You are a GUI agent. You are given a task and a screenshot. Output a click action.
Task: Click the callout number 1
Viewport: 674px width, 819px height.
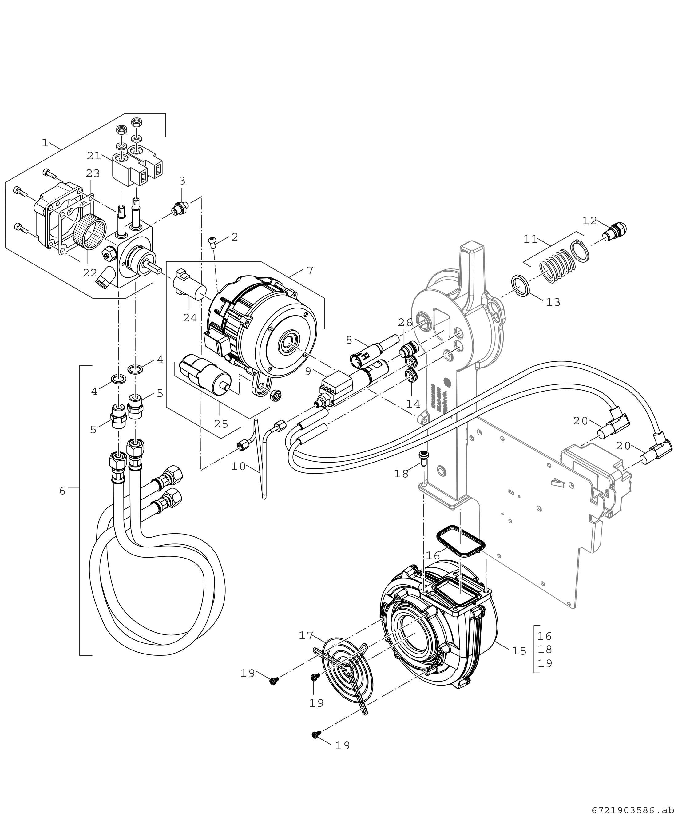(x=45, y=143)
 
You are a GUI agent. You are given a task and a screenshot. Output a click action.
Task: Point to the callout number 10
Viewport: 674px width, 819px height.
(x=238, y=466)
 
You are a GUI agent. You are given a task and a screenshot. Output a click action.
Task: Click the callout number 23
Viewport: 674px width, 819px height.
(x=93, y=173)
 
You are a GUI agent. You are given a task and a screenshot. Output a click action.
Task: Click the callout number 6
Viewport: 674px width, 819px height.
(x=62, y=491)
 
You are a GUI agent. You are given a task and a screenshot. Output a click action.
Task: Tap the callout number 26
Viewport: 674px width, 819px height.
(x=405, y=323)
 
